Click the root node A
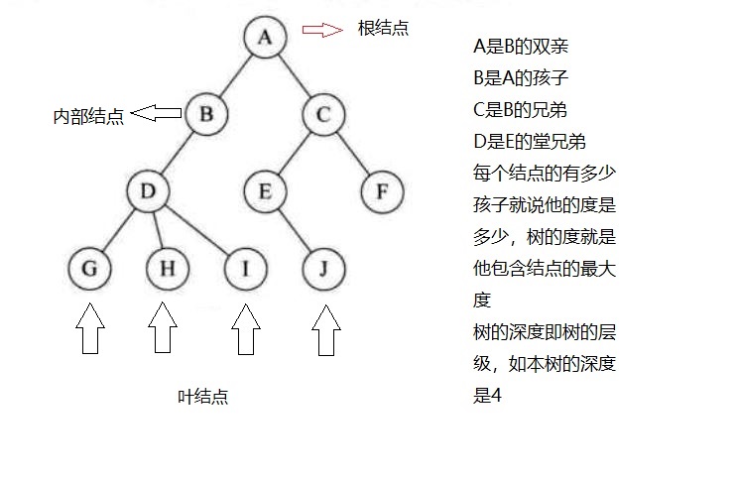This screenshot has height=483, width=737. [265, 37]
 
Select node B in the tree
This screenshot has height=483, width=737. [206, 113]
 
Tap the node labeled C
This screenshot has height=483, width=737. [323, 115]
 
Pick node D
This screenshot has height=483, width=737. [148, 191]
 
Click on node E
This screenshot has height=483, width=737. [265, 191]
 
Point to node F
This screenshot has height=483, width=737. [382, 191]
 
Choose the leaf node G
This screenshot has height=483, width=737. [89, 268]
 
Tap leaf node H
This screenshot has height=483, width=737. [168, 268]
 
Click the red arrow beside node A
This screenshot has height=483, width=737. [320, 30]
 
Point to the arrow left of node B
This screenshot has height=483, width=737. [156, 113]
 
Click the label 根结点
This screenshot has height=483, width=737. [383, 29]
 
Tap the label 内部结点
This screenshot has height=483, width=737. [88, 116]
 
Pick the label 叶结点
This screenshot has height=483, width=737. [203, 397]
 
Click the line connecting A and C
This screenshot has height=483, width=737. [295, 76]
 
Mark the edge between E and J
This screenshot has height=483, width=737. [295, 230]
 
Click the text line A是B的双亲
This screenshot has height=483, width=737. [521, 46]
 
